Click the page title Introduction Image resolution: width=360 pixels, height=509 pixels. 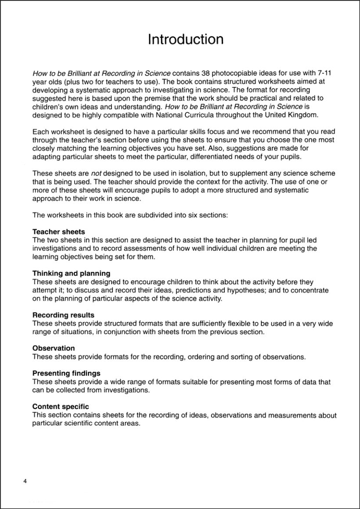(186, 40)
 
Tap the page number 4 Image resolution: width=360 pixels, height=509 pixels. (25, 482)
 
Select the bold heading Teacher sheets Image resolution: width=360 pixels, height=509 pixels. (59, 232)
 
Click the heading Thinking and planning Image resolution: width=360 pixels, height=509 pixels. (72, 274)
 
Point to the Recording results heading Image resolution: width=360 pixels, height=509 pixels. (63, 315)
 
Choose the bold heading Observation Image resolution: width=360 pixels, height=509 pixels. (54, 348)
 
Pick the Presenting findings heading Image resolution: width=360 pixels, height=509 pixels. (66, 373)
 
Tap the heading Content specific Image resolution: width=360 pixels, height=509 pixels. (61, 407)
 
